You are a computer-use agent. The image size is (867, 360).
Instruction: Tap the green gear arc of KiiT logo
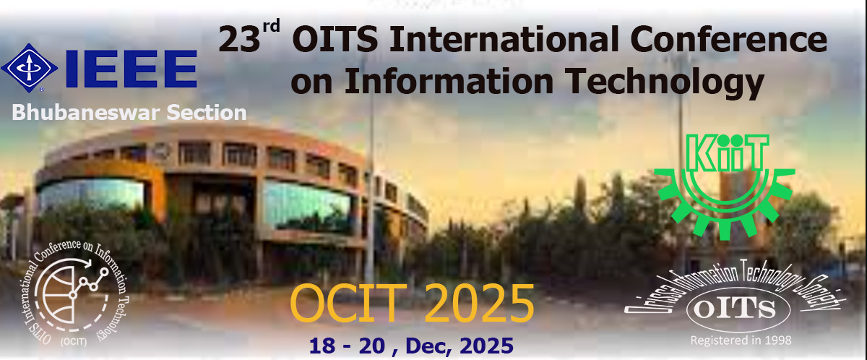pos(722,206)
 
